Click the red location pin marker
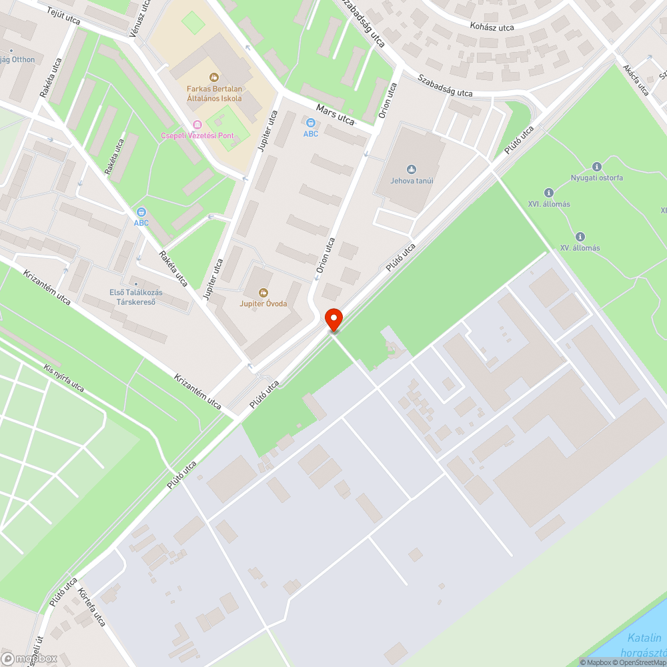(333, 319)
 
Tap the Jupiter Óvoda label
(263, 303)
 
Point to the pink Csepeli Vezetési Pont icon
(197, 125)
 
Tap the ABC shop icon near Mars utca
(310, 123)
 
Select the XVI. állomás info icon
(549, 192)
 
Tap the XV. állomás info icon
(580, 236)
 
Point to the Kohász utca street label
(492, 27)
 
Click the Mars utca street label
(335, 114)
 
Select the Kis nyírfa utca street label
(64, 378)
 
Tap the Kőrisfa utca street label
(91, 608)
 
